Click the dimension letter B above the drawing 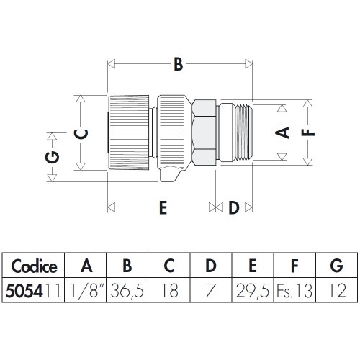[x=177, y=65]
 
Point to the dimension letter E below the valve [x=163, y=209]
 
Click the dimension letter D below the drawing [x=234, y=209]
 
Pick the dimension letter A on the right [x=282, y=132]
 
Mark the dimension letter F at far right [x=306, y=132]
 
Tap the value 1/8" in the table [x=86, y=290]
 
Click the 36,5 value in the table [x=127, y=290]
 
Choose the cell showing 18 [x=169, y=290]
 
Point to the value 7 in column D [x=210, y=290]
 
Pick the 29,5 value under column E [x=252, y=290]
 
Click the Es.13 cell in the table [x=293, y=290]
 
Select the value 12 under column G [x=335, y=290]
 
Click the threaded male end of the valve [x=238, y=132]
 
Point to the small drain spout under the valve [x=170, y=174]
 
